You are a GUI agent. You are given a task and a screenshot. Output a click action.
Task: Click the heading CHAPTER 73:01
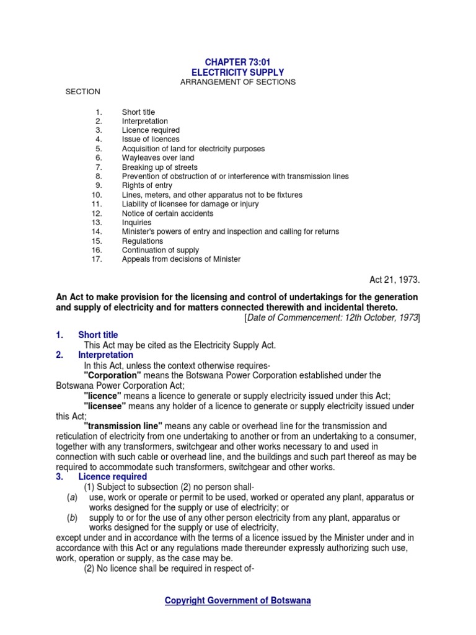coord(237,63)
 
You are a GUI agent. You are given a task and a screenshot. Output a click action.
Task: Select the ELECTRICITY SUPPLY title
coord(237,73)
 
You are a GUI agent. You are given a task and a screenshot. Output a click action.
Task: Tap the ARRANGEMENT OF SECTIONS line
coord(237,82)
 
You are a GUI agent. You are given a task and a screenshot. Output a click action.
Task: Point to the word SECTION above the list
coord(83,92)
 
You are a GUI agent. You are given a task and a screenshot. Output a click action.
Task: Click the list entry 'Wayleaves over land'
coord(158,158)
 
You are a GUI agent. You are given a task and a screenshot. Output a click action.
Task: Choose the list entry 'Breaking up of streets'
coord(160,167)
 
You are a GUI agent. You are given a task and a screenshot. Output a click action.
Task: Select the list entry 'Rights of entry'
coord(147,185)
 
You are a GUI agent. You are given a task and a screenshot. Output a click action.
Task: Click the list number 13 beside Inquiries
coord(96,223)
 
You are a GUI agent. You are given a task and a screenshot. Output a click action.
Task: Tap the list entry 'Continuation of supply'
coord(161,250)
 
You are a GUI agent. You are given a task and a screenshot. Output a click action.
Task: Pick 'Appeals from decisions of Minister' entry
coord(181,259)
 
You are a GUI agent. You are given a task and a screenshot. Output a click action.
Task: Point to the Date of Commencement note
coord(332,317)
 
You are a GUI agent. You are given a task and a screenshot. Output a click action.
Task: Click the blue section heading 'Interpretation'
coord(105,355)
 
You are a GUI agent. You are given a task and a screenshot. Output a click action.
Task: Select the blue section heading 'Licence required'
coord(112,477)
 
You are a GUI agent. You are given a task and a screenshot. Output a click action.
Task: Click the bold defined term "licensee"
coord(105,406)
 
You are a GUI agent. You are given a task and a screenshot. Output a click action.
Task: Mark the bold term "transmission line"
coord(123,426)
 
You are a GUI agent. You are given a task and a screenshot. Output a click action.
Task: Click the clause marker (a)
coord(73,497)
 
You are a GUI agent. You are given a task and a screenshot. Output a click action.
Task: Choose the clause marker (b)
coord(73,517)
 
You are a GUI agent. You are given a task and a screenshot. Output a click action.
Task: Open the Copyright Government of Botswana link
coord(237,600)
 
